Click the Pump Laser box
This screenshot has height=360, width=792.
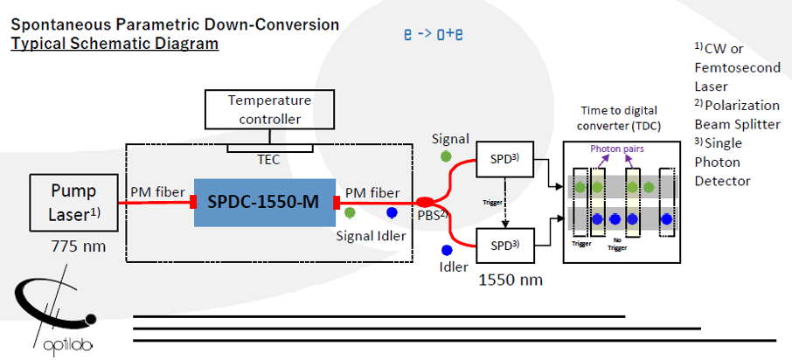tap(66, 203)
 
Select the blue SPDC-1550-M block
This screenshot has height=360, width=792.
tap(265, 202)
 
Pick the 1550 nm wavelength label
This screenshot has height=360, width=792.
tap(511, 280)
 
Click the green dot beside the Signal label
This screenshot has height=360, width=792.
tap(447, 157)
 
